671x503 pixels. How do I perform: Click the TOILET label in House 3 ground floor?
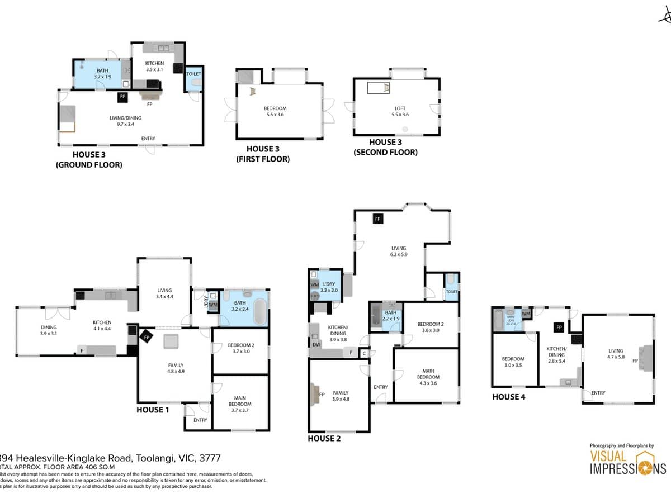click(193, 74)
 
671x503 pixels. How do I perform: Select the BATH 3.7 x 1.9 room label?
click(102, 73)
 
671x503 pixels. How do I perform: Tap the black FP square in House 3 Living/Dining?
click(122, 97)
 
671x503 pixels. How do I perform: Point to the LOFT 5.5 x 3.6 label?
click(399, 111)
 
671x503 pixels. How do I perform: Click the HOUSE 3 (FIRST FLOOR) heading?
click(268, 154)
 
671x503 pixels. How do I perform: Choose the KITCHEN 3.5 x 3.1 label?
click(154, 67)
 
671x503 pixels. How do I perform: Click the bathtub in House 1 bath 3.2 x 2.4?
click(260, 311)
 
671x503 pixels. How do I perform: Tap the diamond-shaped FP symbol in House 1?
click(147, 338)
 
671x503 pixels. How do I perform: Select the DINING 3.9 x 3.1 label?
click(49, 330)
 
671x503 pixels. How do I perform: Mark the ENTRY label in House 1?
click(200, 420)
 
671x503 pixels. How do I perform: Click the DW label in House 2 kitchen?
click(317, 345)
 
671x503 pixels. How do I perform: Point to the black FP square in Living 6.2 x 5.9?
click(378, 219)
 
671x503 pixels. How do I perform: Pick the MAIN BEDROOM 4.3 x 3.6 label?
click(427, 379)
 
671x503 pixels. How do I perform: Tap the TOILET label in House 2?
click(452, 292)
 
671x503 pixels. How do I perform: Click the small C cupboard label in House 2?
click(364, 353)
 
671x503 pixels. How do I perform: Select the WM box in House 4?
click(526, 314)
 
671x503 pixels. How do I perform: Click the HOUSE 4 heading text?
click(508, 397)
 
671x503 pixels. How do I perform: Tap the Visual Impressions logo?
click(627, 462)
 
